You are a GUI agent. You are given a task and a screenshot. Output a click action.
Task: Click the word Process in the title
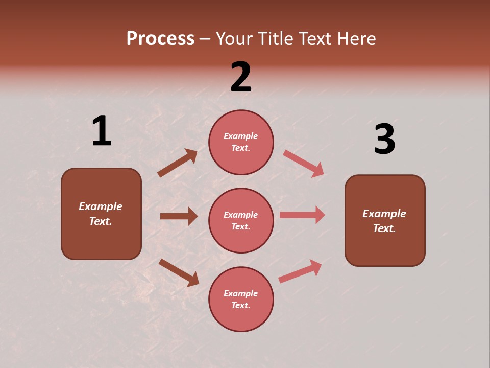(x=160, y=39)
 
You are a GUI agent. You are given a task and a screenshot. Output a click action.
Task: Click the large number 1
(x=102, y=131)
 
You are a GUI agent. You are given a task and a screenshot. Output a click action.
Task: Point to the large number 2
(x=241, y=77)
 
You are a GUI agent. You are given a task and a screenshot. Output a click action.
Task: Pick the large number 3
(x=384, y=140)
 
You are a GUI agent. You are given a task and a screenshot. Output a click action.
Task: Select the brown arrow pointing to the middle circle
(x=179, y=216)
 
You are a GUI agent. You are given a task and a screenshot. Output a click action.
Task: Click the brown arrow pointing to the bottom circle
(x=179, y=272)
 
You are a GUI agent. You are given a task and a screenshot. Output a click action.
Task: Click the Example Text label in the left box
(x=101, y=214)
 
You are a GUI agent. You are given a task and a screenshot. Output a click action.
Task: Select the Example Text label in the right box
(x=384, y=221)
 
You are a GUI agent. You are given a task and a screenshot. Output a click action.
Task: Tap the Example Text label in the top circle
(x=241, y=142)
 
